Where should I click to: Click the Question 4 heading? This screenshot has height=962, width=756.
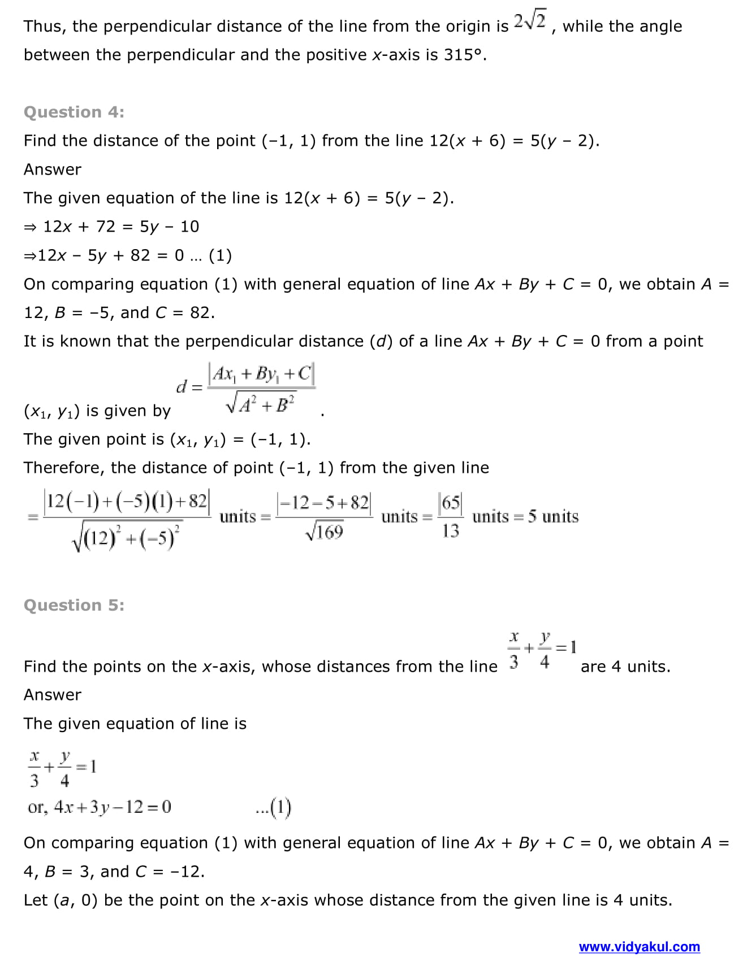(x=74, y=112)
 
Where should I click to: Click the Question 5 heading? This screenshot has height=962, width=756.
(x=74, y=605)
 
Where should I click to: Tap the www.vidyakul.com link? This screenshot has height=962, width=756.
(x=639, y=947)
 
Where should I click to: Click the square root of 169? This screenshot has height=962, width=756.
(x=324, y=532)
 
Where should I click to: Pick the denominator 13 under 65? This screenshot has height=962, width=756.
(x=451, y=531)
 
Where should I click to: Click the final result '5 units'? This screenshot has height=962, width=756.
(x=553, y=516)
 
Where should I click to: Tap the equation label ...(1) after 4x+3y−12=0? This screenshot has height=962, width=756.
(x=273, y=807)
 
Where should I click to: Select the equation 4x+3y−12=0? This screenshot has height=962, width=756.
(x=113, y=807)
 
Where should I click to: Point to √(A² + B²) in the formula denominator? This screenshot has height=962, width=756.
(x=261, y=404)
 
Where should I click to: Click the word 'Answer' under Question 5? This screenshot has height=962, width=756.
(x=52, y=695)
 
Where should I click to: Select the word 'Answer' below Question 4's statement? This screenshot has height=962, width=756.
(x=52, y=169)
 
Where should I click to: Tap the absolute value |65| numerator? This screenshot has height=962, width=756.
(x=451, y=502)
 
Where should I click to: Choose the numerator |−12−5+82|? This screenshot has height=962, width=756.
(x=324, y=502)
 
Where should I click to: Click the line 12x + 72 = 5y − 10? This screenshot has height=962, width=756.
(x=121, y=227)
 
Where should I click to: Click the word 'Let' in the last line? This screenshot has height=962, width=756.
(x=36, y=900)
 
